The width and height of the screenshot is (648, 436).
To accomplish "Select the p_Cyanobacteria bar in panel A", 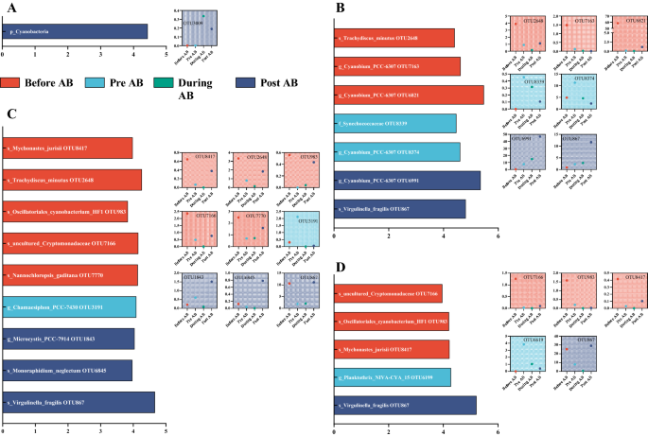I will point(75,32).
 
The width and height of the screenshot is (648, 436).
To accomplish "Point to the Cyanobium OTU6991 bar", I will point(408,180).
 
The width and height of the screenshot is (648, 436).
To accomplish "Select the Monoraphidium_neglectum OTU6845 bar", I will point(66,370).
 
